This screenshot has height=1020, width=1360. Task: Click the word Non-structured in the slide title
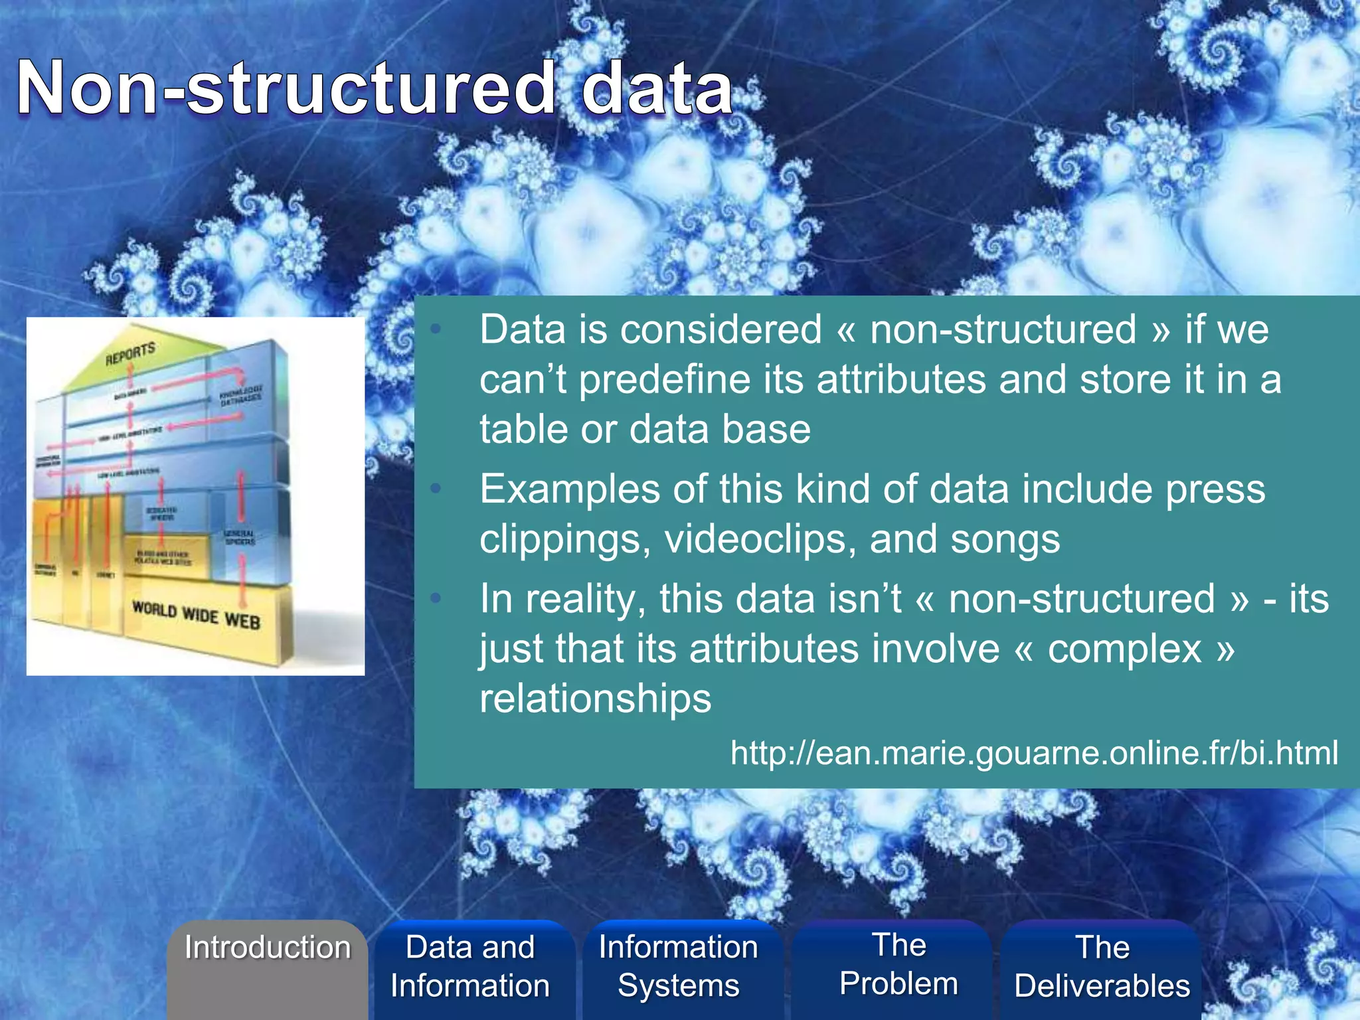click(x=286, y=88)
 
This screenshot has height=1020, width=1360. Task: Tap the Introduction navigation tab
click(x=268, y=948)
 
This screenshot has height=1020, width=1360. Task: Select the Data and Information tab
click(x=470, y=966)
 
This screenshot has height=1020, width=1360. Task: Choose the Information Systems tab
click(x=678, y=966)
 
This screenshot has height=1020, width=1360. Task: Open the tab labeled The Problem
click(x=898, y=964)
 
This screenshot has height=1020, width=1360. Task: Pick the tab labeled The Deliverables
click(x=1102, y=966)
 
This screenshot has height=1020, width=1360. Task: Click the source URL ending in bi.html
click(x=1034, y=752)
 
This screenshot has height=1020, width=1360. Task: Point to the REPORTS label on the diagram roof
click(x=130, y=354)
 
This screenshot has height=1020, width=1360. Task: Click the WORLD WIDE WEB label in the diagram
click(x=196, y=615)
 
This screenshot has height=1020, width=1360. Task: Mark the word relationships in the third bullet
click(x=595, y=699)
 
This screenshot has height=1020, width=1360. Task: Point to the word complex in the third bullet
click(x=1124, y=649)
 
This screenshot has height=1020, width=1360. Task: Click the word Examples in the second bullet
click(x=570, y=489)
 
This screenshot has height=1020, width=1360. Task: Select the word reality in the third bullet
click(x=585, y=599)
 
